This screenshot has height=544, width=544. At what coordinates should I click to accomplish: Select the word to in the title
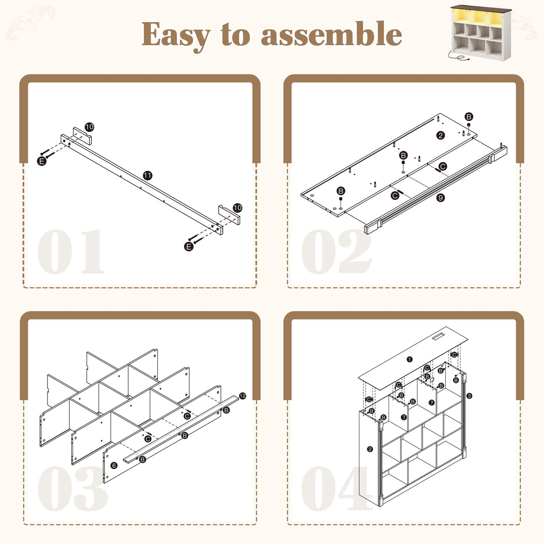235,35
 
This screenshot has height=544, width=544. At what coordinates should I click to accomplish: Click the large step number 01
71,251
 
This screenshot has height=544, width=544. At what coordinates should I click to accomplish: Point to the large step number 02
337,251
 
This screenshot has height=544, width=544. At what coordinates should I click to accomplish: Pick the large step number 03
73,489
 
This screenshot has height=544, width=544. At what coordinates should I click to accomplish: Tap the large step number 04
337,489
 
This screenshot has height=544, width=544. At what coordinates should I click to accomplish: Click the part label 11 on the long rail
147,175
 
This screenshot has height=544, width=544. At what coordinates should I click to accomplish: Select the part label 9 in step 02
440,198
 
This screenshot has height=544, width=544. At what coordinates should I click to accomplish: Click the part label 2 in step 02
440,135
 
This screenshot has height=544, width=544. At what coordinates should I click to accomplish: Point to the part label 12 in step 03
242,396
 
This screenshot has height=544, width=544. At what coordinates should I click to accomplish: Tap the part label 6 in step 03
114,465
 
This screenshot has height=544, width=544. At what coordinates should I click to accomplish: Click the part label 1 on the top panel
410,359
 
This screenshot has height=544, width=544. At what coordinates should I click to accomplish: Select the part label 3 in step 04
469,396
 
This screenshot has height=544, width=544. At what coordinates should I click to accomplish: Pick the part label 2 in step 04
370,449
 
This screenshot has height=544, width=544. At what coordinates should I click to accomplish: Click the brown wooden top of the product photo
481,9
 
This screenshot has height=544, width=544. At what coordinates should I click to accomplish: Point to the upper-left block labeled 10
82,136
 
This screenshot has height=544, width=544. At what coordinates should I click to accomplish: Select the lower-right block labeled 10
229,215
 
